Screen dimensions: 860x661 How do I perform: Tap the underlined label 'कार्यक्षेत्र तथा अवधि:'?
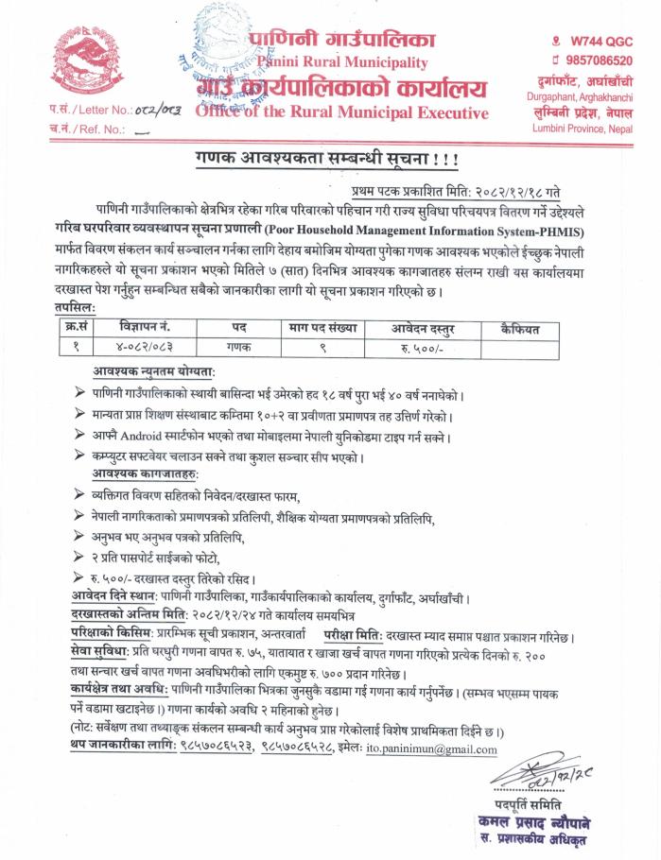point(126,690)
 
